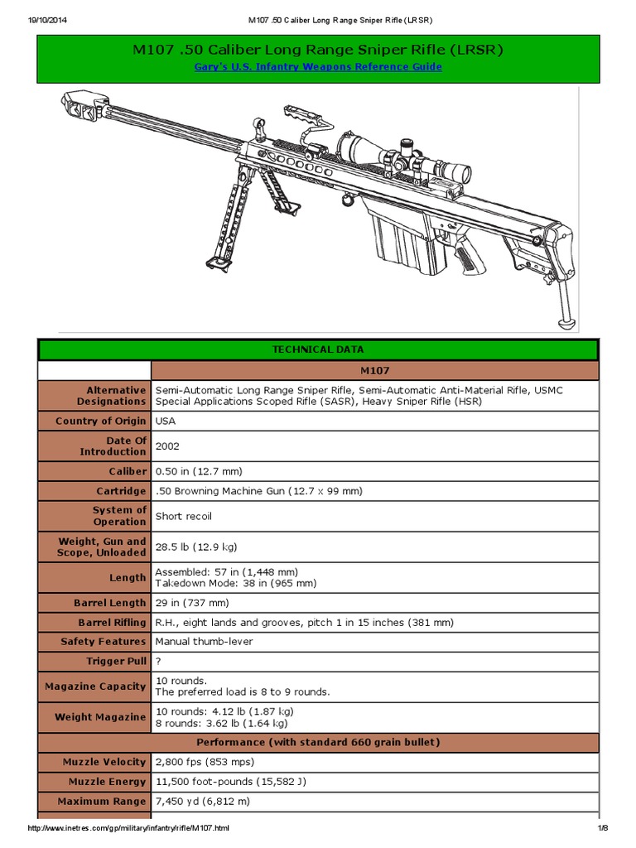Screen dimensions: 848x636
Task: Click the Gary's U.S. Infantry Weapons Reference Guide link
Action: (x=318, y=66)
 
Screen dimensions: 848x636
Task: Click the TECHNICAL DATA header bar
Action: (x=318, y=349)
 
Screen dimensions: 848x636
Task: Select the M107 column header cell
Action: (x=375, y=371)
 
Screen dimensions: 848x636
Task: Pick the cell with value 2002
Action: (x=167, y=446)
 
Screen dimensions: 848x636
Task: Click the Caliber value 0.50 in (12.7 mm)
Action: (x=199, y=471)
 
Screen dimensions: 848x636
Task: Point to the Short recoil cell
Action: (x=183, y=516)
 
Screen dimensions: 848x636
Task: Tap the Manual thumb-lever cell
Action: (x=204, y=641)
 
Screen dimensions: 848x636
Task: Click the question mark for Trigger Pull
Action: (x=158, y=661)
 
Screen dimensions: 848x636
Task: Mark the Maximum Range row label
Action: (x=101, y=801)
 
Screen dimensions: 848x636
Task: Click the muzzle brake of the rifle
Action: (x=80, y=105)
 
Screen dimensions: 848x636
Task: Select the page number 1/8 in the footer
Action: (x=603, y=828)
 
